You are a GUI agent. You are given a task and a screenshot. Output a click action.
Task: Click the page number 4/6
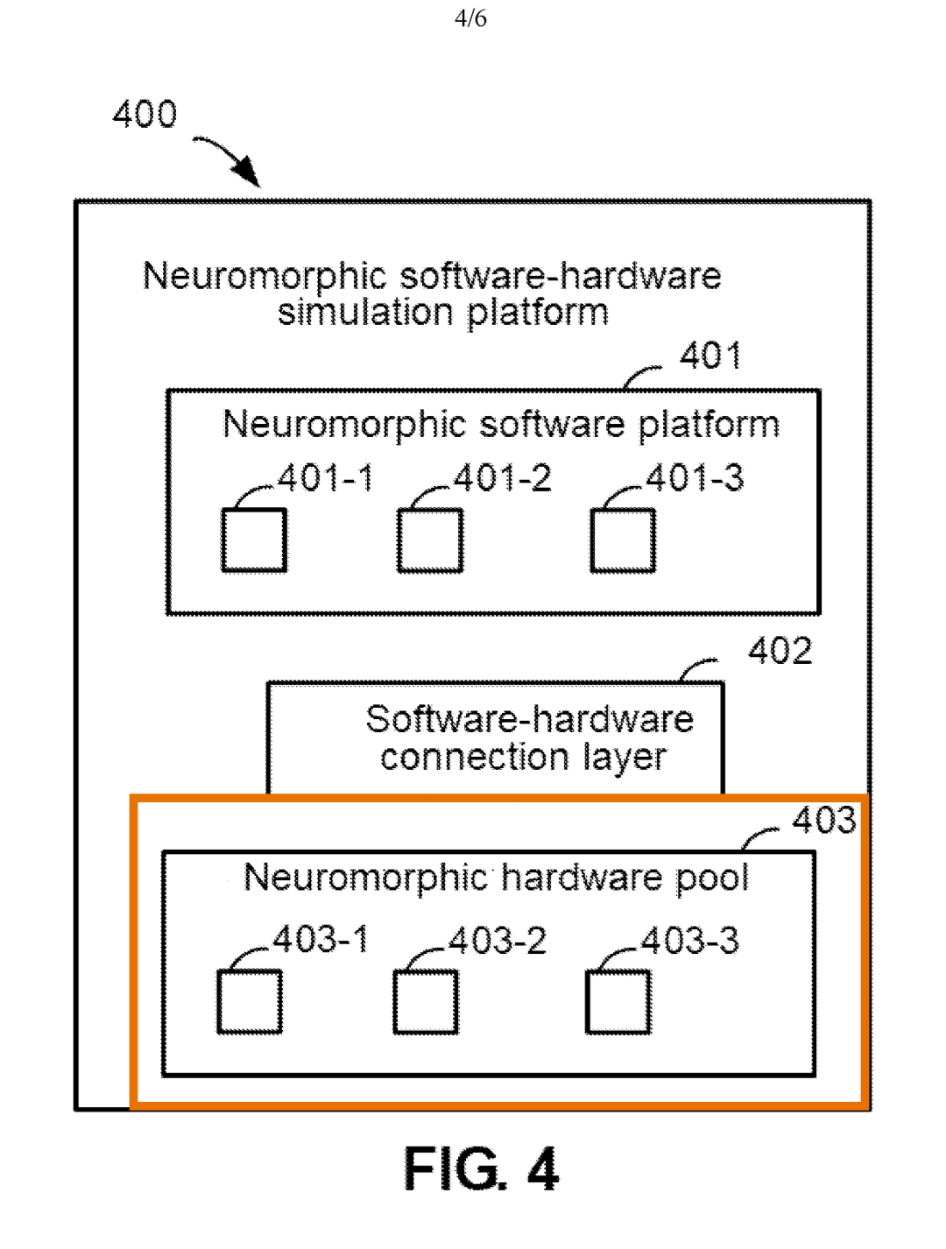click(x=470, y=18)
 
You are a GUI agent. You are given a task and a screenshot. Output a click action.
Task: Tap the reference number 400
click(x=145, y=115)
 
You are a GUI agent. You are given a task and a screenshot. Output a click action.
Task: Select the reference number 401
click(x=710, y=356)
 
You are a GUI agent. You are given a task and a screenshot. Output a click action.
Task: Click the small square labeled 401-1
click(x=254, y=540)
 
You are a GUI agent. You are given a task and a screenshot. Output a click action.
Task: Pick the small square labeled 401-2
click(x=430, y=540)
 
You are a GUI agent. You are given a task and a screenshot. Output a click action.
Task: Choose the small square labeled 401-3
click(x=623, y=540)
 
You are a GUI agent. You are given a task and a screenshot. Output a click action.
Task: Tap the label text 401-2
click(x=502, y=478)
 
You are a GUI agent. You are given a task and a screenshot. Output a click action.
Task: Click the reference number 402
click(x=780, y=651)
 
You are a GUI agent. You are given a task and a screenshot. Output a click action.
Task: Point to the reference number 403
click(x=823, y=821)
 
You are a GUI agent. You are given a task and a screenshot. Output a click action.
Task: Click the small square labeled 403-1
click(x=250, y=1001)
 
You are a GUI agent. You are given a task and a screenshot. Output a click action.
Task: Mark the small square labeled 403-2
click(x=426, y=1001)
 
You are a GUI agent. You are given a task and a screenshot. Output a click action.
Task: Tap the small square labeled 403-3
click(x=618, y=1001)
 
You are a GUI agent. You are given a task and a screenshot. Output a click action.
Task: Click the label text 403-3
click(x=690, y=941)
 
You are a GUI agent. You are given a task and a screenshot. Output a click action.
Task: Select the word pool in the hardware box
click(x=712, y=878)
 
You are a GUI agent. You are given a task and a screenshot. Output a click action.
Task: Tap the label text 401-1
click(x=326, y=478)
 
